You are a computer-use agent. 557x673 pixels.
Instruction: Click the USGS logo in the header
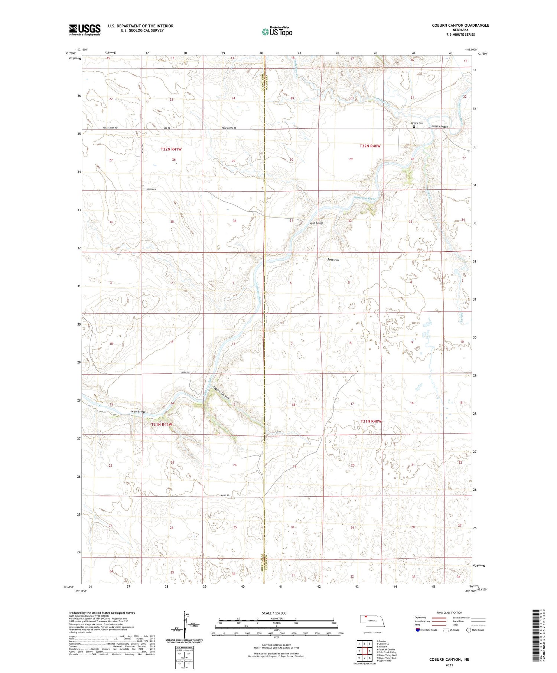(85, 30)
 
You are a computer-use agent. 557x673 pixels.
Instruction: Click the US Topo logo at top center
(277, 32)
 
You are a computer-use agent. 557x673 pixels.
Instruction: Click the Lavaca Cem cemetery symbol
(414, 127)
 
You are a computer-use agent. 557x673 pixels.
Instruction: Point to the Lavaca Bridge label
(440, 127)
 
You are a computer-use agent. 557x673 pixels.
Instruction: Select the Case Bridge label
(316, 223)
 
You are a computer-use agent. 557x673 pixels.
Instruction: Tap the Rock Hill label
(333, 260)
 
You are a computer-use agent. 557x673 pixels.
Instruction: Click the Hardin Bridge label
(137, 412)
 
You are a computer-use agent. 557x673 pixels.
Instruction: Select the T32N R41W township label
(171, 149)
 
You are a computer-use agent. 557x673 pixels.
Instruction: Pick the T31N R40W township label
(371, 421)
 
